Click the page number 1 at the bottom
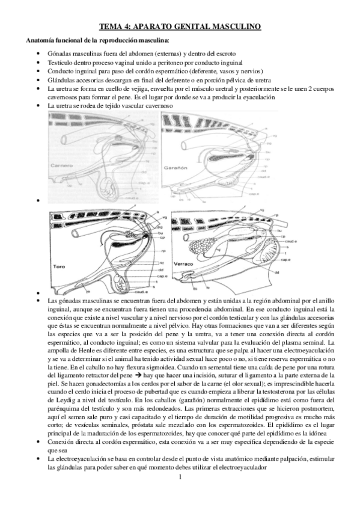tap(180, 477)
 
